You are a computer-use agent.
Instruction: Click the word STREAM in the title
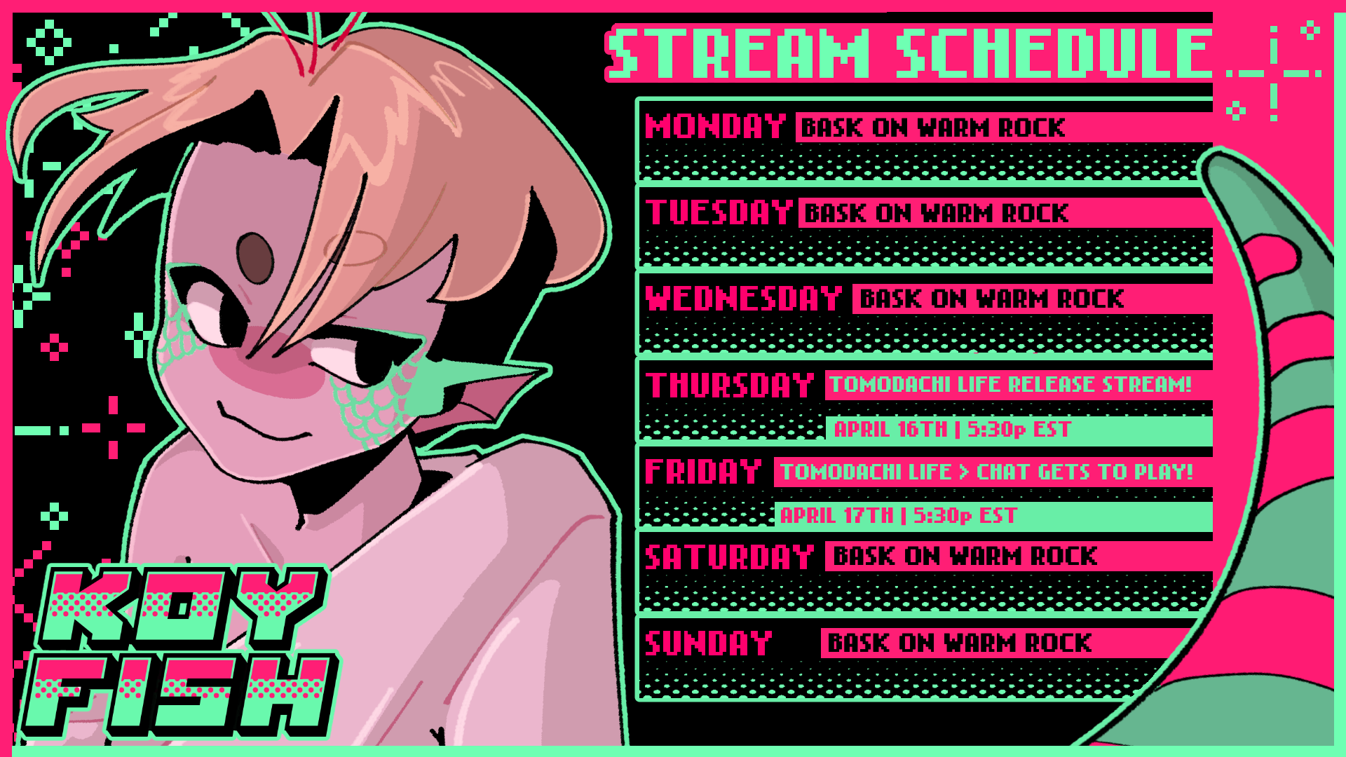coord(738,53)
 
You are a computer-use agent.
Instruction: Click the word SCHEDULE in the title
coord(1054,53)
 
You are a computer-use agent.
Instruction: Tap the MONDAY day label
coord(716,127)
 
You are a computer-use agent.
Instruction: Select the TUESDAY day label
coord(719,212)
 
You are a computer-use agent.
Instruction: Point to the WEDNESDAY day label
coord(744,299)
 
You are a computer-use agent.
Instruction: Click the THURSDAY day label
coord(730,385)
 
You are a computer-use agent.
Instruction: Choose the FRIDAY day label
coord(703,471)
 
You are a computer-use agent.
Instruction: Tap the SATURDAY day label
coord(730,557)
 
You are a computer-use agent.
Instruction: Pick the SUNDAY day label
coord(709,643)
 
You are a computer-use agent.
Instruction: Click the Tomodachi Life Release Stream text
coord(1011,384)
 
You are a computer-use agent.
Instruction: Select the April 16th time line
coord(953,429)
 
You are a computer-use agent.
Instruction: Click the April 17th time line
coord(899,515)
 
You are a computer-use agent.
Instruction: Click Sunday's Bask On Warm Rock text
coord(960,643)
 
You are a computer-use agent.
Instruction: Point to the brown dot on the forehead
coord(254,257)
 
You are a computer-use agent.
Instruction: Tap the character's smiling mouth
coord(263,423)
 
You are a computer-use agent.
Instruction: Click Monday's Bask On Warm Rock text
coord(933,128)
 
